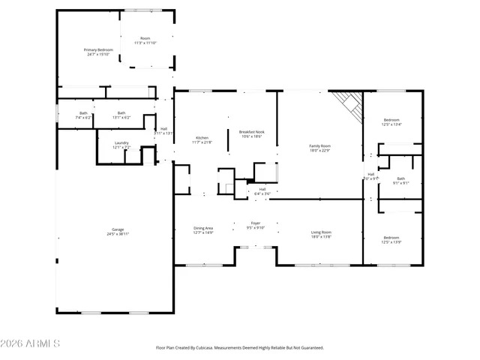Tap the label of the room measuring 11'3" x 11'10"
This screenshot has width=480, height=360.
point(145,38)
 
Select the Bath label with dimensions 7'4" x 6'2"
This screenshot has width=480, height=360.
point(83,113)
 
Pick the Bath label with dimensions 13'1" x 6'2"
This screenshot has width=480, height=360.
point(121,113)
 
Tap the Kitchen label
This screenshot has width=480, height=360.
point(202,138)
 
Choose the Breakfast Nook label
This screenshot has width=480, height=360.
point(252,132)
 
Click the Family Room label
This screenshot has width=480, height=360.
point(320,145)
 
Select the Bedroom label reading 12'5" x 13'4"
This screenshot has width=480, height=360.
point(392,120)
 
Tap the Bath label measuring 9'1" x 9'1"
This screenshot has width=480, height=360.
point(402,178)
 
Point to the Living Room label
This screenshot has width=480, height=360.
point(322,232)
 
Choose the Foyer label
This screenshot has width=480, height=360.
point(256,223)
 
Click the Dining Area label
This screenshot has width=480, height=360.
point(203,228)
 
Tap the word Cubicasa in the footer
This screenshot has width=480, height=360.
point(201,348)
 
